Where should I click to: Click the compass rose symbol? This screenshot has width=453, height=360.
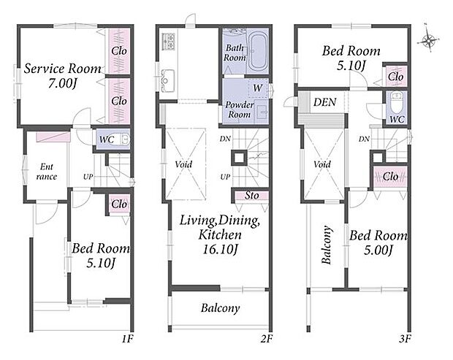pos(429,39)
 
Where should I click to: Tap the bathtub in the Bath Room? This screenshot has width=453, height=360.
pos(258,53)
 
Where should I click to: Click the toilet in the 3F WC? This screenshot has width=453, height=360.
pos(396,102)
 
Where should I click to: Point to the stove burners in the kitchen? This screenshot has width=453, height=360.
pos(169,41)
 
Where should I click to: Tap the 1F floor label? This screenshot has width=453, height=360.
pos(127,338)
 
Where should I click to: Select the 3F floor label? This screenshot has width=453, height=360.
pos(405,338)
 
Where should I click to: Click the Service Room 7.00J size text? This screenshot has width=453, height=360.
pos(62,84)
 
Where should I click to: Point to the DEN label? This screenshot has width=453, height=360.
pos(325,102)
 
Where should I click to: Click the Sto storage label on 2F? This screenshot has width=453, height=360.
pos(251,196)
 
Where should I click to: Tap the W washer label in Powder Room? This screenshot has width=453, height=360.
pos(258,88)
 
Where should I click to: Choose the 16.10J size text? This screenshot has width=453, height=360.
pos(220,250)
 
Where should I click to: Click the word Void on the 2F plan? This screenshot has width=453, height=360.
pos(183,164)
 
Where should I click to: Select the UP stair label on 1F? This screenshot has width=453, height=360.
pos(88,177)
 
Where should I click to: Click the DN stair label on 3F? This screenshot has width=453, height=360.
pos(365,139)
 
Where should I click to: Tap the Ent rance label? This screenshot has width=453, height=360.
pos(47,172)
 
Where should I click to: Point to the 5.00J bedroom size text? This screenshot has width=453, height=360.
pos(378,250)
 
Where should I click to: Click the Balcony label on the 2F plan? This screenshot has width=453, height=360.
pos(221,308)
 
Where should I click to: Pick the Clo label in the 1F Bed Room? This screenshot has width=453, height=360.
pos(119,204)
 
